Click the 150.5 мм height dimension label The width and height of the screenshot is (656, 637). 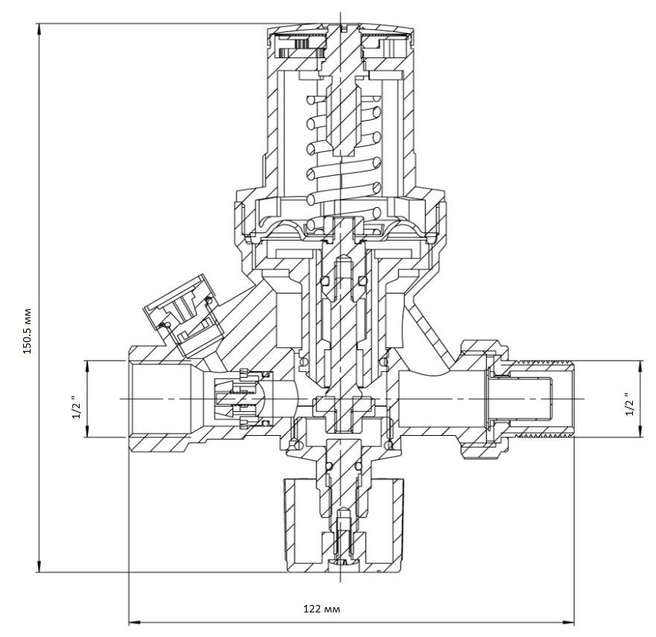pyautogui.click(x=28, y=331)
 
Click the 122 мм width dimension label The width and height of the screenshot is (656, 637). pyautogui.click(x=322, y=608)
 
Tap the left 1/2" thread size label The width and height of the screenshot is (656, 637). pyautogui.click(x=76, y=407)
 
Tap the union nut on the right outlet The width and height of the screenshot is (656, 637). pyautogui.click(x=486, y=399)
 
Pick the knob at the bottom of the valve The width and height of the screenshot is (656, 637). pyautogui.click(x=344, y=526)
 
